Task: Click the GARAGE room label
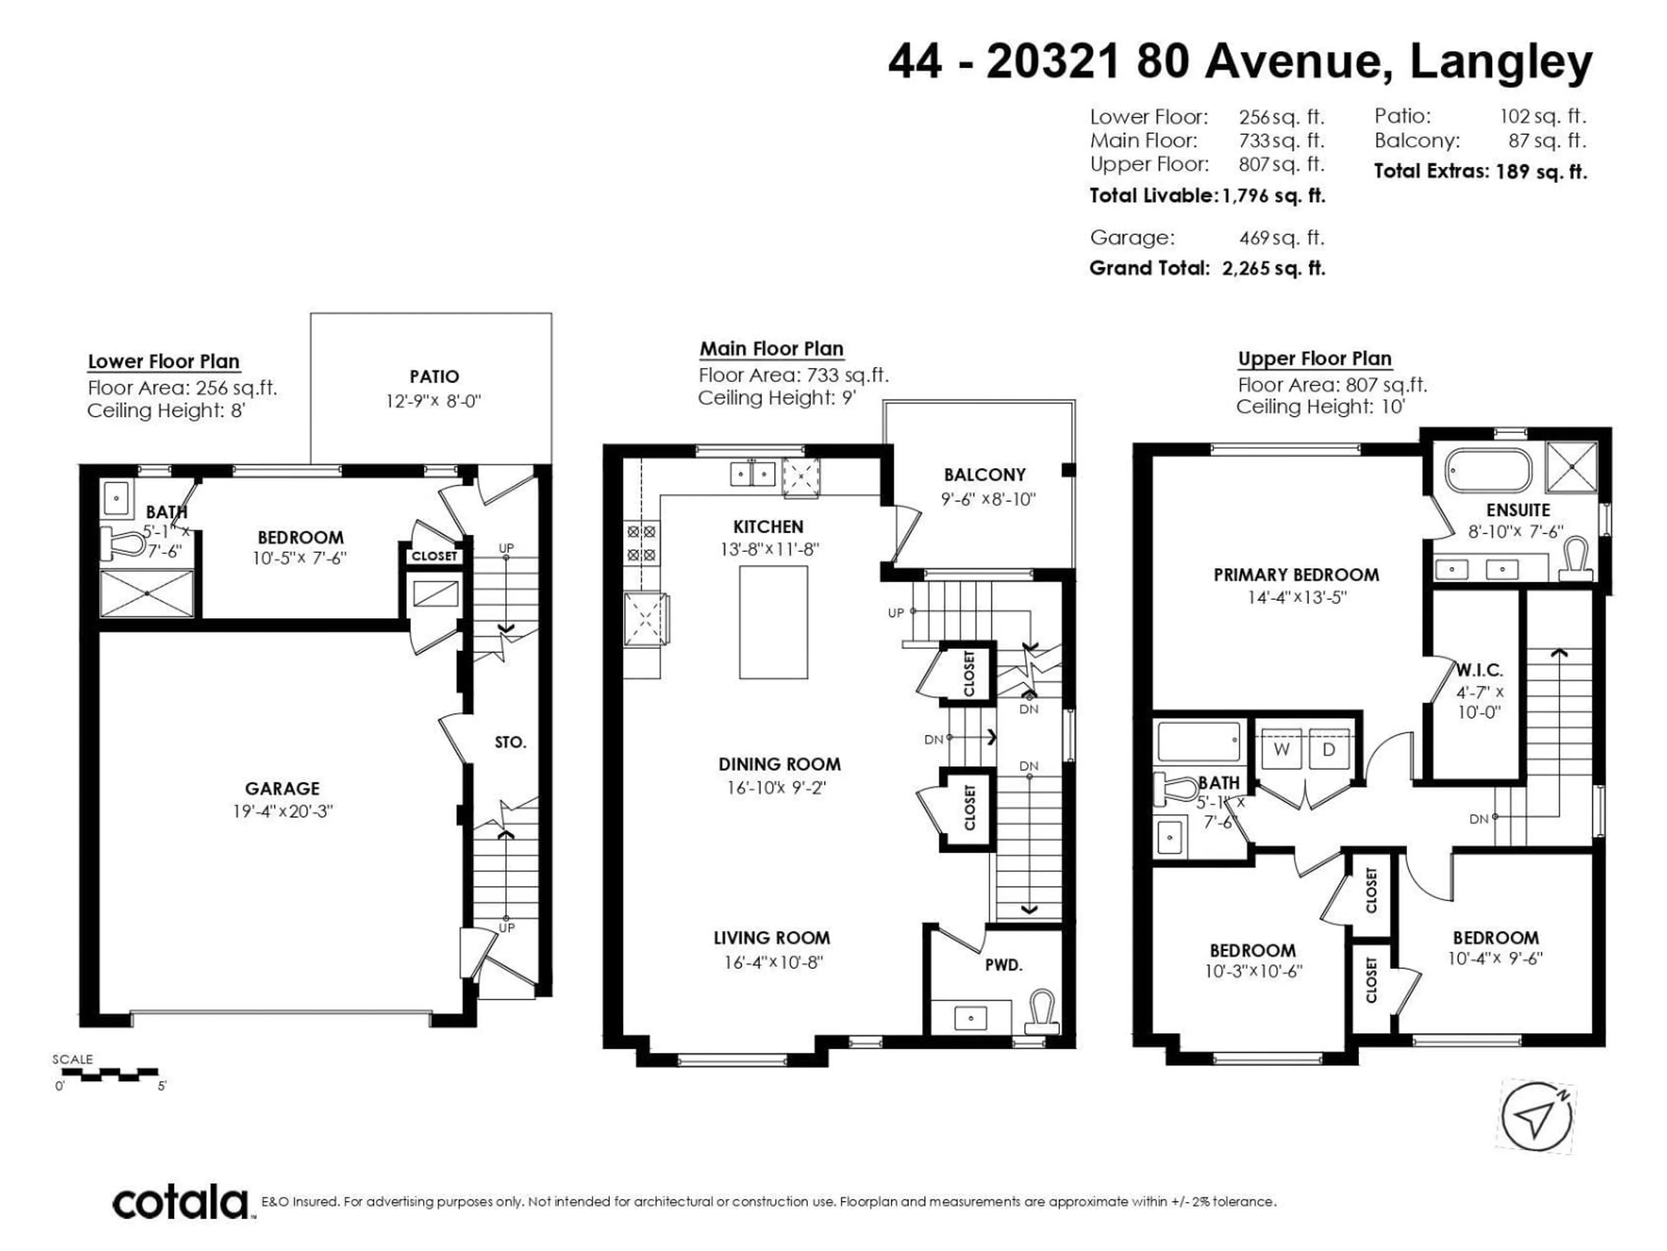pos(282,788)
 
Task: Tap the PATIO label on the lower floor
pos(434,376)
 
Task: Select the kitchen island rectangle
pos(773,622)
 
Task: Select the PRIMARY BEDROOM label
pos(1296,575)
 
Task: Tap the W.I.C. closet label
pos(1479,670)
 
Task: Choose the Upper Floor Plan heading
pos(1314,359)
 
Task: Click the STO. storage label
pos(510,743)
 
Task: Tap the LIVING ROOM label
pos(772,938)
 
